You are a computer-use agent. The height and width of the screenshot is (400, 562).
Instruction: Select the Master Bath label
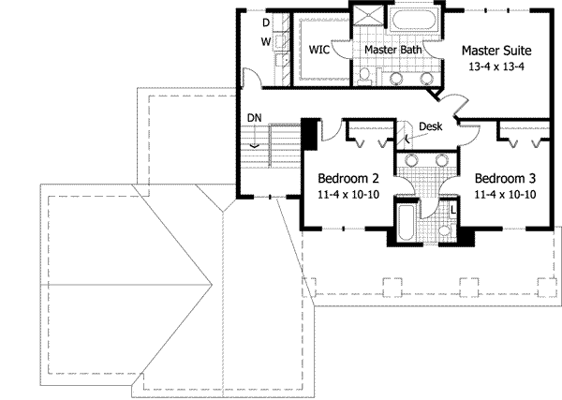390,50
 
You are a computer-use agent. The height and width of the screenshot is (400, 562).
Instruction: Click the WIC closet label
317,50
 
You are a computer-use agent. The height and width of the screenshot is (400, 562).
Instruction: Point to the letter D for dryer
266,22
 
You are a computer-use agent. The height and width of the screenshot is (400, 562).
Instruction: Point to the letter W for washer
266,42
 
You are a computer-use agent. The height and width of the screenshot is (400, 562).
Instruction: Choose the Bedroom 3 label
506,179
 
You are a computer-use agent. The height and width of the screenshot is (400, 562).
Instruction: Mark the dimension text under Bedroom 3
506,195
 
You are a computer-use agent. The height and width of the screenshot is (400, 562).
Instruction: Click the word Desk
430,126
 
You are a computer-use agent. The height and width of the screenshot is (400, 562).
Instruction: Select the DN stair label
254,117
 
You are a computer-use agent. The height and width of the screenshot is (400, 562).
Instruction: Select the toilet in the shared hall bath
447,230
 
